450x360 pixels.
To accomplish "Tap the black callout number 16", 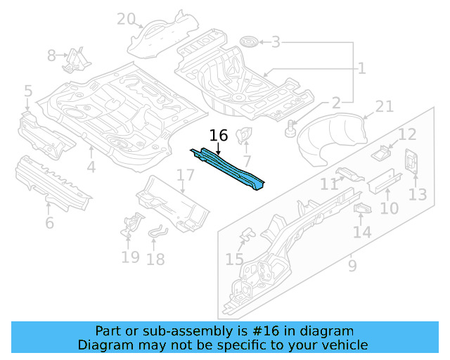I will (x=219, y=135).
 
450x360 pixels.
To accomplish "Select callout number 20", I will (x=126, y=19).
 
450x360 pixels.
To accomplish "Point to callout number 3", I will (x=276, y=42).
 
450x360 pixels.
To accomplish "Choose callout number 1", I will (x=361, y=68).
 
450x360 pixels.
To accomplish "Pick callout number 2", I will (x=336, y=103).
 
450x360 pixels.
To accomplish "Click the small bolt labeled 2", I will (x=291, y=129).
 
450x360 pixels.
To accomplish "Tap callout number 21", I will (x=384, y=106).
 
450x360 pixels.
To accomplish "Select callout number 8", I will (x=52, y=55).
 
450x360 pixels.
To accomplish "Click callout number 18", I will (x=155, y=259).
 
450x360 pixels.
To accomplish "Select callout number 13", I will (x=418, y=193).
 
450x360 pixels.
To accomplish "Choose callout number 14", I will (x=361, y=232).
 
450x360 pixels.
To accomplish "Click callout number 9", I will (x=352, y=266).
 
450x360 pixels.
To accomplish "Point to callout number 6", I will (x=49, y=223).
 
